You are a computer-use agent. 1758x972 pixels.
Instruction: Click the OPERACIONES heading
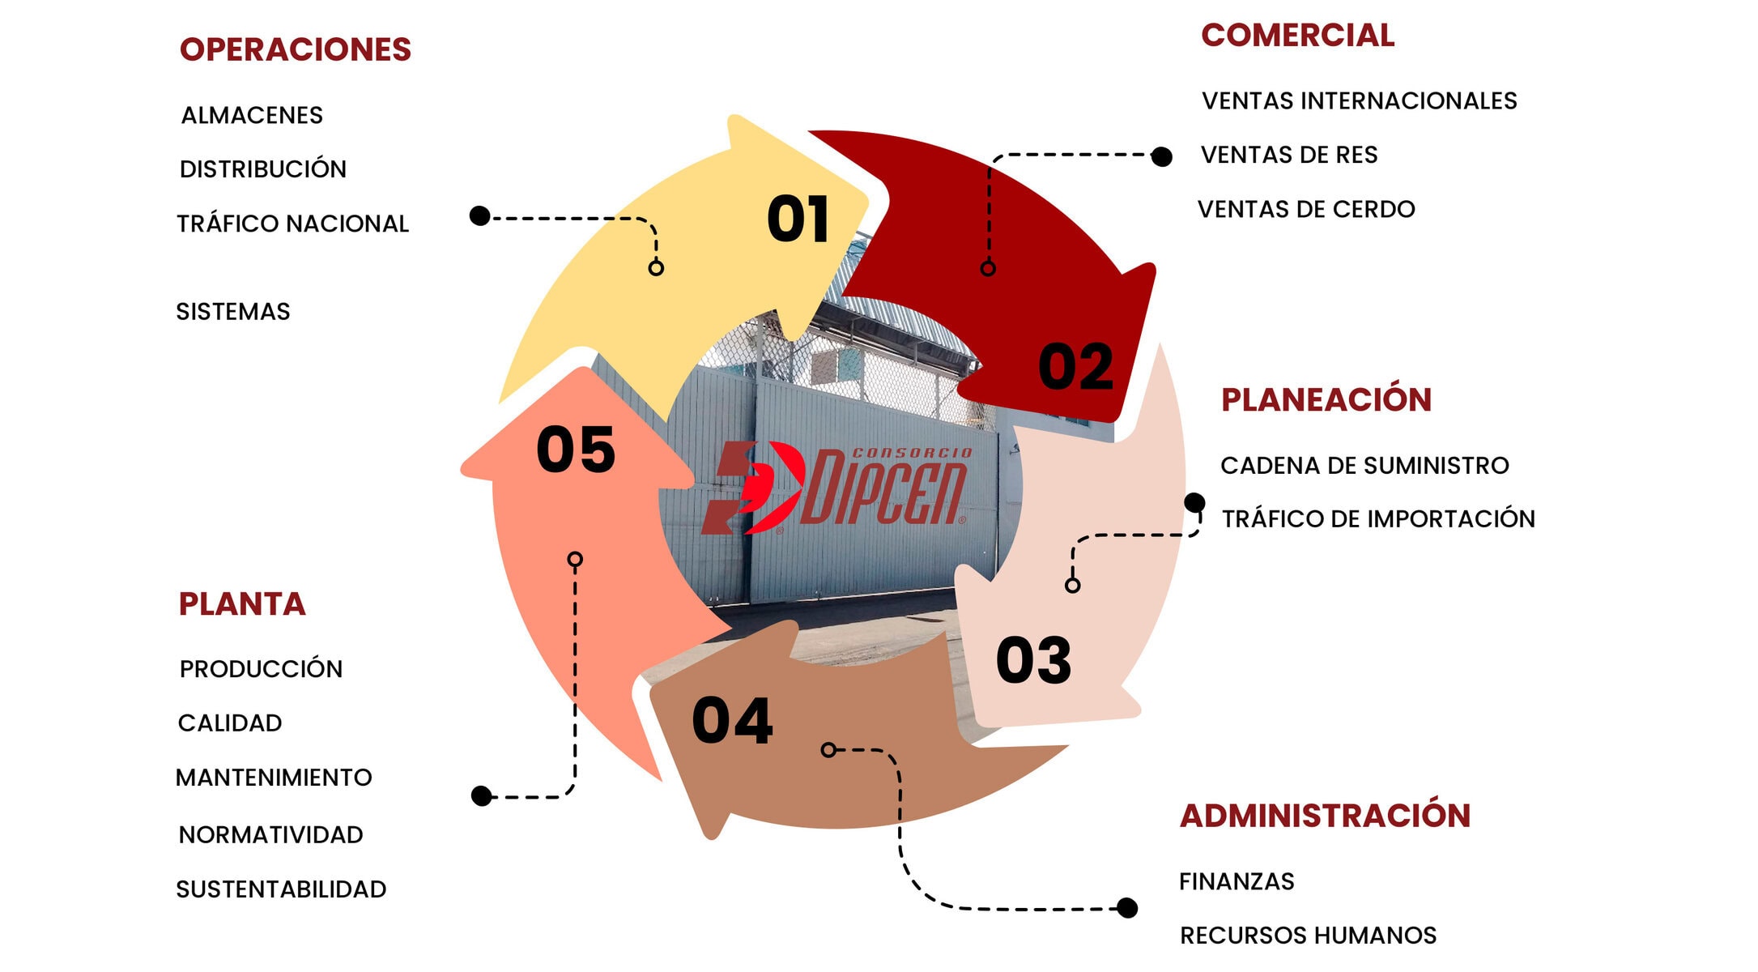tap(296, 50)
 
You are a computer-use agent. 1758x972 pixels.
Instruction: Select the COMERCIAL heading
tap(1297, 36)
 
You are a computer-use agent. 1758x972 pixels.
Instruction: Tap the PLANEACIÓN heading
tap(1326, 400)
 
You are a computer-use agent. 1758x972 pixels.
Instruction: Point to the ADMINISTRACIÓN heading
tap(1325, 816)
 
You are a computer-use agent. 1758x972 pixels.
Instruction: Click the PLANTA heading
tap(242, 604)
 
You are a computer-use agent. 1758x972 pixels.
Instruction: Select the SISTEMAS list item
tap(233, 312)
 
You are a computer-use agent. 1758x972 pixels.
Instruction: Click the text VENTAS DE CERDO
tap(1306, 210)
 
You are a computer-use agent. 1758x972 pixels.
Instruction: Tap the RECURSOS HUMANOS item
tap(1308, 936)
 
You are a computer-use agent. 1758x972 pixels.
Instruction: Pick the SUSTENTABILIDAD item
tap(281, 889)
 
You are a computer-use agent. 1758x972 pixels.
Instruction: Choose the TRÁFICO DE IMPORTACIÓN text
tap(1378, 519)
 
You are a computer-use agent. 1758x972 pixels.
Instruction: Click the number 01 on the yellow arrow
tap(798, 220)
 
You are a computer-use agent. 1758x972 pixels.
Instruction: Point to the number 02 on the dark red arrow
tap(1076, 367)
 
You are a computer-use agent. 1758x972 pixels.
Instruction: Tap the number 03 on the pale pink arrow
tap(1034, 660)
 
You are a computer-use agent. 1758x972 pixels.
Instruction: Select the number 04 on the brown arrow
tap(733, 721)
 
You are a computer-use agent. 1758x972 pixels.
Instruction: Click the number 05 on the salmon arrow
tap(577, 450)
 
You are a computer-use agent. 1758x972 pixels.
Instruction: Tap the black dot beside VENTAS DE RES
tap(1161, 156)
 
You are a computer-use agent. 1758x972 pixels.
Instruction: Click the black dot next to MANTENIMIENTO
tap(482, 796)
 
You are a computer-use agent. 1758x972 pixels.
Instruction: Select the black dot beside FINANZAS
tap(1126, 908)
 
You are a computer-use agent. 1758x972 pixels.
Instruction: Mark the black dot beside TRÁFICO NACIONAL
tap(480, 216)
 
